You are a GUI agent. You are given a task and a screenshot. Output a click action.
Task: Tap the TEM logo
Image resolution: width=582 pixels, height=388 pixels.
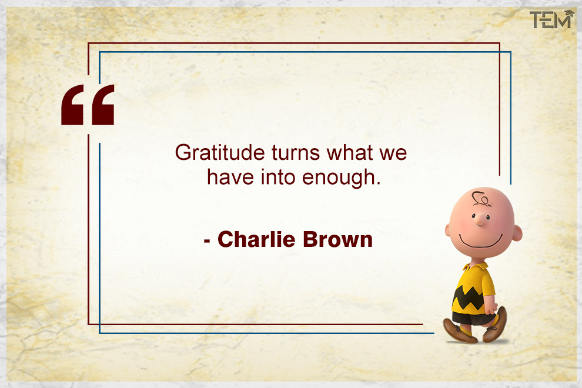pyautogui.click(x=550, y=20)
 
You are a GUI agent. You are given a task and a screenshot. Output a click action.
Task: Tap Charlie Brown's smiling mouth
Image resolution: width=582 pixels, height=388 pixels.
pyautogui.click(x=480, y=241)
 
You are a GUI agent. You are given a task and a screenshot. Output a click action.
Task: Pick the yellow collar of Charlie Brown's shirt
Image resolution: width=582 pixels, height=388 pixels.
pyautogui.click(x=471, y=268)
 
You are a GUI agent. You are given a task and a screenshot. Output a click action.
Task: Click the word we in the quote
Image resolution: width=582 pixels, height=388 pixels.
pyautogui.click(x=393, y=153)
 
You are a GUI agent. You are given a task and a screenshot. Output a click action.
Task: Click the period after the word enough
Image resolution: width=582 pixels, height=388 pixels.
pyautogui.click(x=379, y=184)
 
